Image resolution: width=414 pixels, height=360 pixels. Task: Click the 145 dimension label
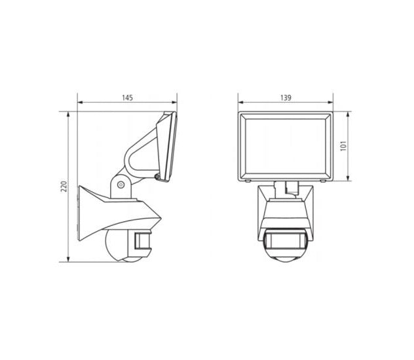click(x=127, y=98)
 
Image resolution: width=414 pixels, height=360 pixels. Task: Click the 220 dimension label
click(x=64, y=187)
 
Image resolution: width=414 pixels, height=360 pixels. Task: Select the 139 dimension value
click(x=286, y=98)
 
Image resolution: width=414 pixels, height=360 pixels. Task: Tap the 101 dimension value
click(x=343, y=146)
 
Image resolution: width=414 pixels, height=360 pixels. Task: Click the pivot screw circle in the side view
click(x=121, y=185)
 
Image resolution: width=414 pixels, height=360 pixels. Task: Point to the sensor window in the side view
click(x=142, y=240)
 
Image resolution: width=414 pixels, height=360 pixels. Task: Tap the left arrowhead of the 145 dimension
click(x=80, y=102)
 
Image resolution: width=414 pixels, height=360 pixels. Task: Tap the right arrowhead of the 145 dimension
click(x=174, y=102)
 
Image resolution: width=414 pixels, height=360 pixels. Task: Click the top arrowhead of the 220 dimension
click(x=68, y=115)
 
